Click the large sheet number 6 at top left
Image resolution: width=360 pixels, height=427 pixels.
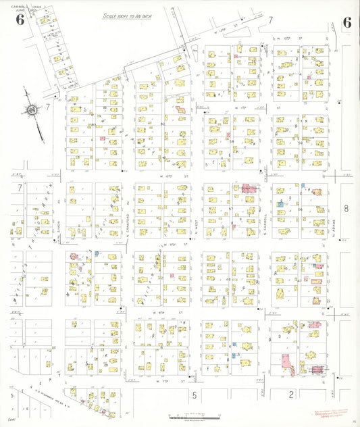click(x=20, y=20)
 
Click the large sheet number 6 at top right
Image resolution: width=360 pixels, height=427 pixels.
click(x=346, y=22)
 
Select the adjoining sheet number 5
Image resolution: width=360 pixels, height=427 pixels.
click(x=194, y=394)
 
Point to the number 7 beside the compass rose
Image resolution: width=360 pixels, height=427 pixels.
click(x=48, y=107)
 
